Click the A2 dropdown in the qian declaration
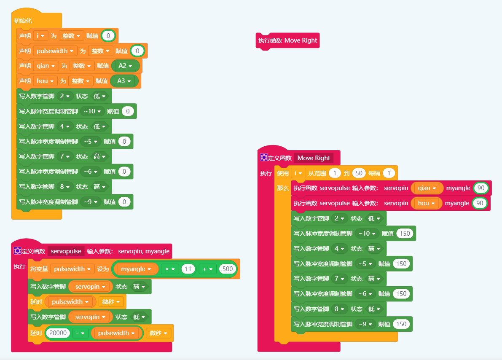click(x=125, y=66)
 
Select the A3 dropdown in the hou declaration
click(x=124, y=81)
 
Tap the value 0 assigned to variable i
click(x=108, y=36)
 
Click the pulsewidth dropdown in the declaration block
click(x=55, y=51)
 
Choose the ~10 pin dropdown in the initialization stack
click(x=92, y=111)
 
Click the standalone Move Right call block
click(x=287, y=40)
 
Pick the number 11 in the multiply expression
click(x=188, y=269)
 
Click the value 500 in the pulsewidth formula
click(x=228, y=269)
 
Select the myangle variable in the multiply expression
click(x=135, y=269)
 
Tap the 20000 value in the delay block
click(x=57, y=333)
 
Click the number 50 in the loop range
click(x=358, y=173)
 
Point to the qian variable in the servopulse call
click(x=427, y=188)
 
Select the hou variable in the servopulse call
click(x=426, y=203)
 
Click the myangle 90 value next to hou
click(x=480, y=203)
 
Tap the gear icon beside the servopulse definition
click(x=17, y=251)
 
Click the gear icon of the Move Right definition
click(x=264, y=158)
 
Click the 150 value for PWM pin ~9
click(x=402, y=324)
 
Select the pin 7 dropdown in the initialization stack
click(x=64, y=156)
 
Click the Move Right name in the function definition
click(x=314, y=158)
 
